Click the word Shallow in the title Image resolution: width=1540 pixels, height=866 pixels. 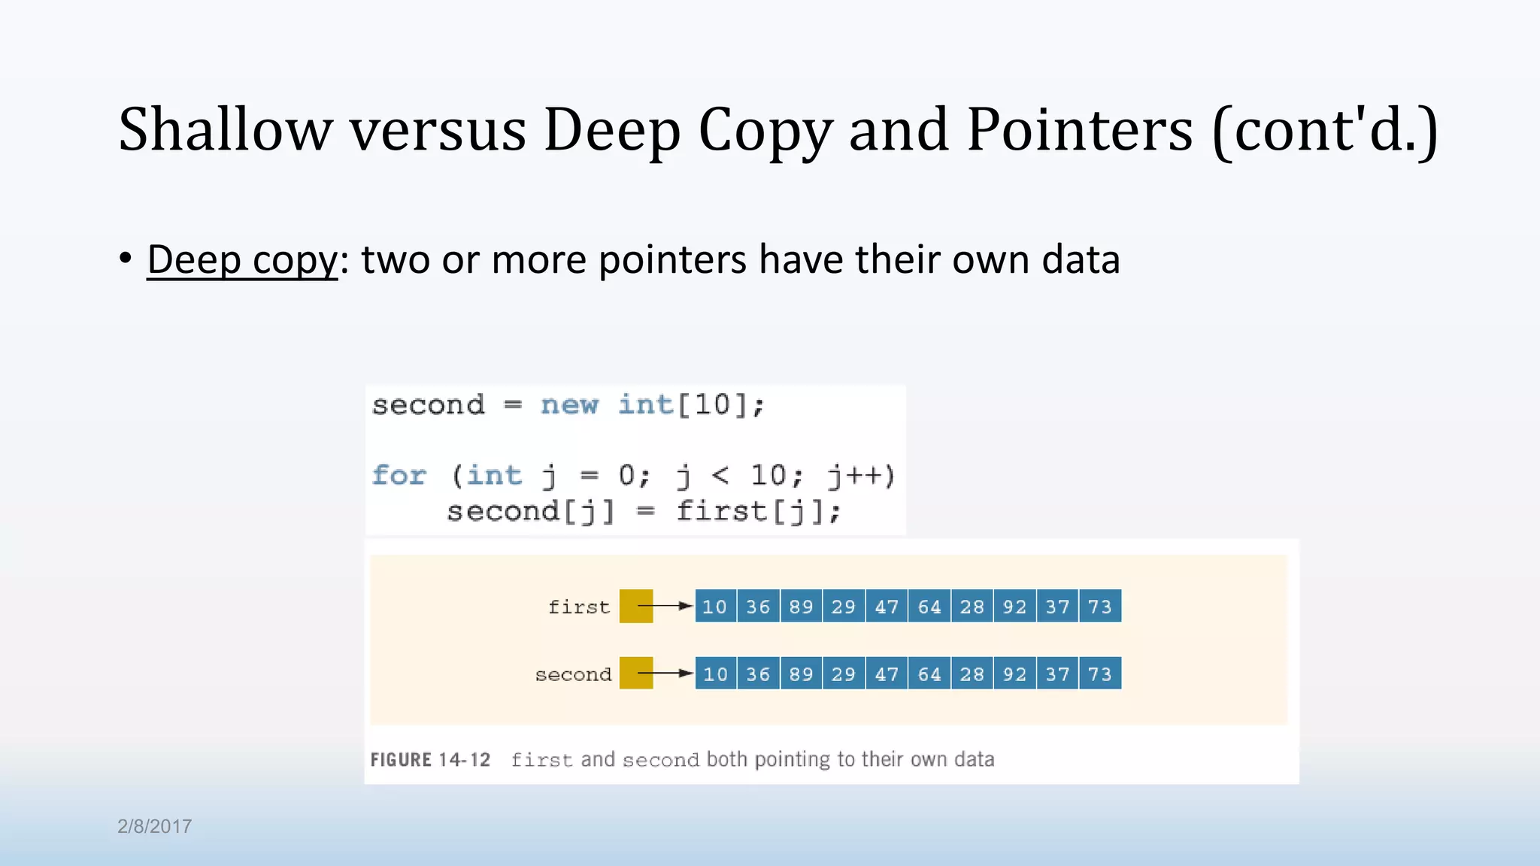tap(225, 129)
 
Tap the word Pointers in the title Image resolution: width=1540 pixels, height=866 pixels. tap(1079, 129)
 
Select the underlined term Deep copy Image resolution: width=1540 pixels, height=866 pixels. tap(242, 260)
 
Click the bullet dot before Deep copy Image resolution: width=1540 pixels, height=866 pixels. tap(126, 258)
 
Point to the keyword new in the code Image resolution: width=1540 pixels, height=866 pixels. tap(569, 405)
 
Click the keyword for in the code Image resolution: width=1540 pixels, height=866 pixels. tap(399, 476)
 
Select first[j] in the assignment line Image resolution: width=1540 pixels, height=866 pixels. tap(757, 512)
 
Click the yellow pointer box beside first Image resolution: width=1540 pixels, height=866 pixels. tap(636, 606)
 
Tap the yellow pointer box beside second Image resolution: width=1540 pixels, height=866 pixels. tap(636, 674)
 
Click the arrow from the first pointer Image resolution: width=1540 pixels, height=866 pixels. tap(665, 606)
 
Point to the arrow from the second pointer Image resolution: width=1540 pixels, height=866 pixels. tap(665, 674)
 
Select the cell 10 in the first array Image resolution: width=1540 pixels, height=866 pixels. tap(715, 607)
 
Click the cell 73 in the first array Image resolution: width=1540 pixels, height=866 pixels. tap(1100, 607)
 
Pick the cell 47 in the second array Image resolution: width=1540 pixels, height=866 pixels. tap(887, 674)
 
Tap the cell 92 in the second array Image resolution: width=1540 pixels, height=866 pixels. tap(1014, 674)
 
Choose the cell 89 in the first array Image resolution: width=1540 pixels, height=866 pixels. tap(801, 607)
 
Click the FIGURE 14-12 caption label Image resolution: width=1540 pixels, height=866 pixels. tap(430, 760)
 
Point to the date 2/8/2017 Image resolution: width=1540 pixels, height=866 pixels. tap(154, 827)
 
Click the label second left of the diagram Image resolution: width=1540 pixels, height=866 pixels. tap(573, 675)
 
